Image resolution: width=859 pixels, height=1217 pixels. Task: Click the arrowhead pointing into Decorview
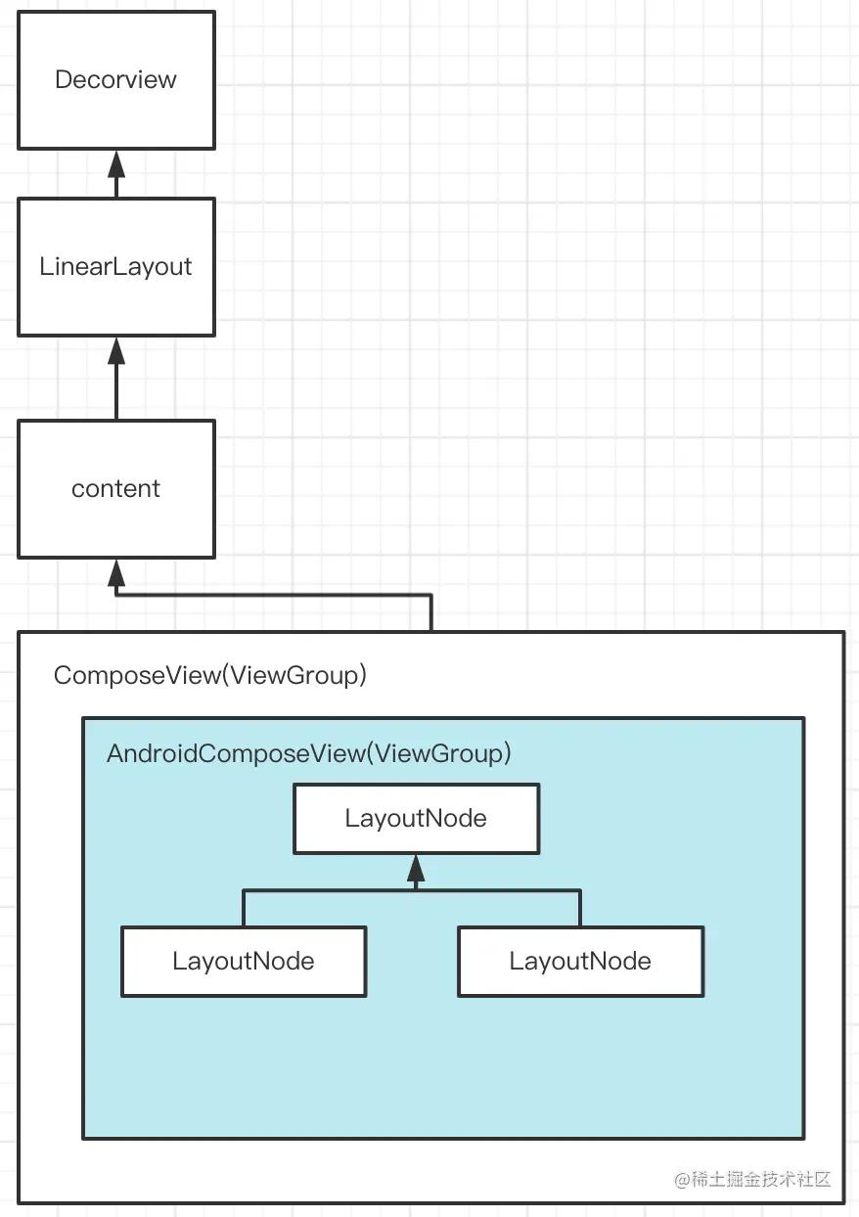(116, 161)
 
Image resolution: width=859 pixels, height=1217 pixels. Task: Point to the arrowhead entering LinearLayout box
(116, 350)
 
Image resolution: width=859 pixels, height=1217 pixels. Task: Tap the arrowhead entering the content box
(116, 571)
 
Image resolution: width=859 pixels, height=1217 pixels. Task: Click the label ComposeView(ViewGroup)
(210, 675)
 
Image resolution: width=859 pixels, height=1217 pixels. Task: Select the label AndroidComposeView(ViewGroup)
(309, 753)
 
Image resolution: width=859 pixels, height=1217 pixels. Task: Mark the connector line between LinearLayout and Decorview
(116, 186)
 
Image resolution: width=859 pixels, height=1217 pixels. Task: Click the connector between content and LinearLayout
(116, 391)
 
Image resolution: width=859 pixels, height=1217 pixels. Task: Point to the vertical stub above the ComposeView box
(430, 612)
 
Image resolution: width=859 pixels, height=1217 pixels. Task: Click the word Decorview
(115, 79)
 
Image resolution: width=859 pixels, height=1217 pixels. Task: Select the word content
(115, 488)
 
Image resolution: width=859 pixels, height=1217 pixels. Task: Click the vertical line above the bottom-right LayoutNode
(580, 908)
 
